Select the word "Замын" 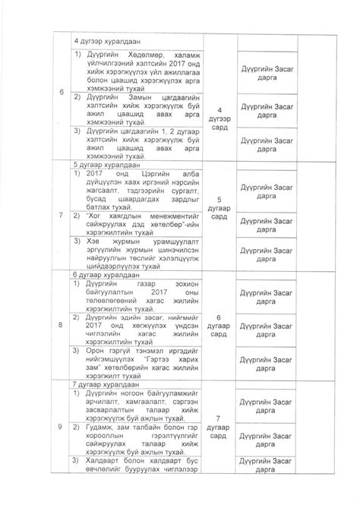[135, 98]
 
